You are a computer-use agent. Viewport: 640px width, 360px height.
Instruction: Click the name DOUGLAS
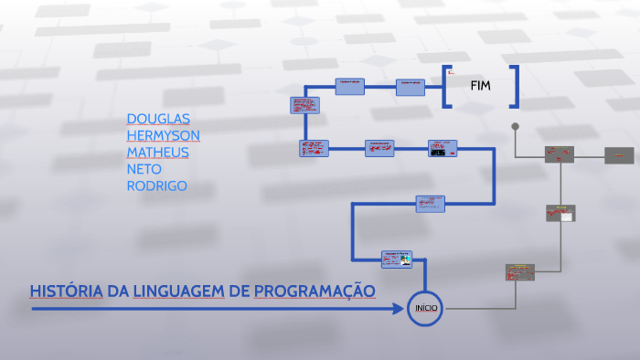point(158,119)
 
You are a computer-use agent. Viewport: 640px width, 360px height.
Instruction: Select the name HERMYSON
point(163,135)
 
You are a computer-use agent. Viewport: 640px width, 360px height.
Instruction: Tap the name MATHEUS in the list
point(158,152)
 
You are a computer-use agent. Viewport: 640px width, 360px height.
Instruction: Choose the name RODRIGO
point(157,185)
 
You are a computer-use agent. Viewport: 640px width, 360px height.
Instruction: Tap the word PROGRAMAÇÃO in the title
point(315,291)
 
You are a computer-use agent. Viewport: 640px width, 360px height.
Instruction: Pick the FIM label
point(480,86)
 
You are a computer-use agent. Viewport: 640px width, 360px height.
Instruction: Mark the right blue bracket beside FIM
point(516,87)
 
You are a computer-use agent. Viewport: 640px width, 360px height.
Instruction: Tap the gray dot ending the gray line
point(516,126)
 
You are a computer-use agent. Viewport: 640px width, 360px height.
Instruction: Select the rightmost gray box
point(619,154)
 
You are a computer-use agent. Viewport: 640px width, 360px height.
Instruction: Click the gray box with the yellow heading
point(519,271)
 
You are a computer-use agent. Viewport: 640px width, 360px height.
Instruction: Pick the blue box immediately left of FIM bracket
point(411,87)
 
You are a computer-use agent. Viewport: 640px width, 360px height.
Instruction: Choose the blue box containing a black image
point(442,148)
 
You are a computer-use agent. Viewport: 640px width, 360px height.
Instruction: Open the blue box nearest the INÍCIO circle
point(397,259)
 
